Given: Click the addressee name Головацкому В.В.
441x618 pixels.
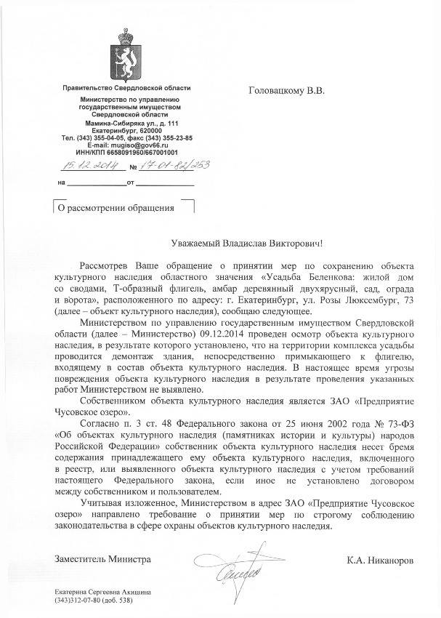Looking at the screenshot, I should coord(289,91).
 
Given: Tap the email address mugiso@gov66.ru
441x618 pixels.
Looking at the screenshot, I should coord(148,145).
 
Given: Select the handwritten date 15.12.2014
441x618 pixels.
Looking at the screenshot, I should coord(86,165).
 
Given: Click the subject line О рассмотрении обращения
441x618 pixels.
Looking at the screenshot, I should coord(116,208).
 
